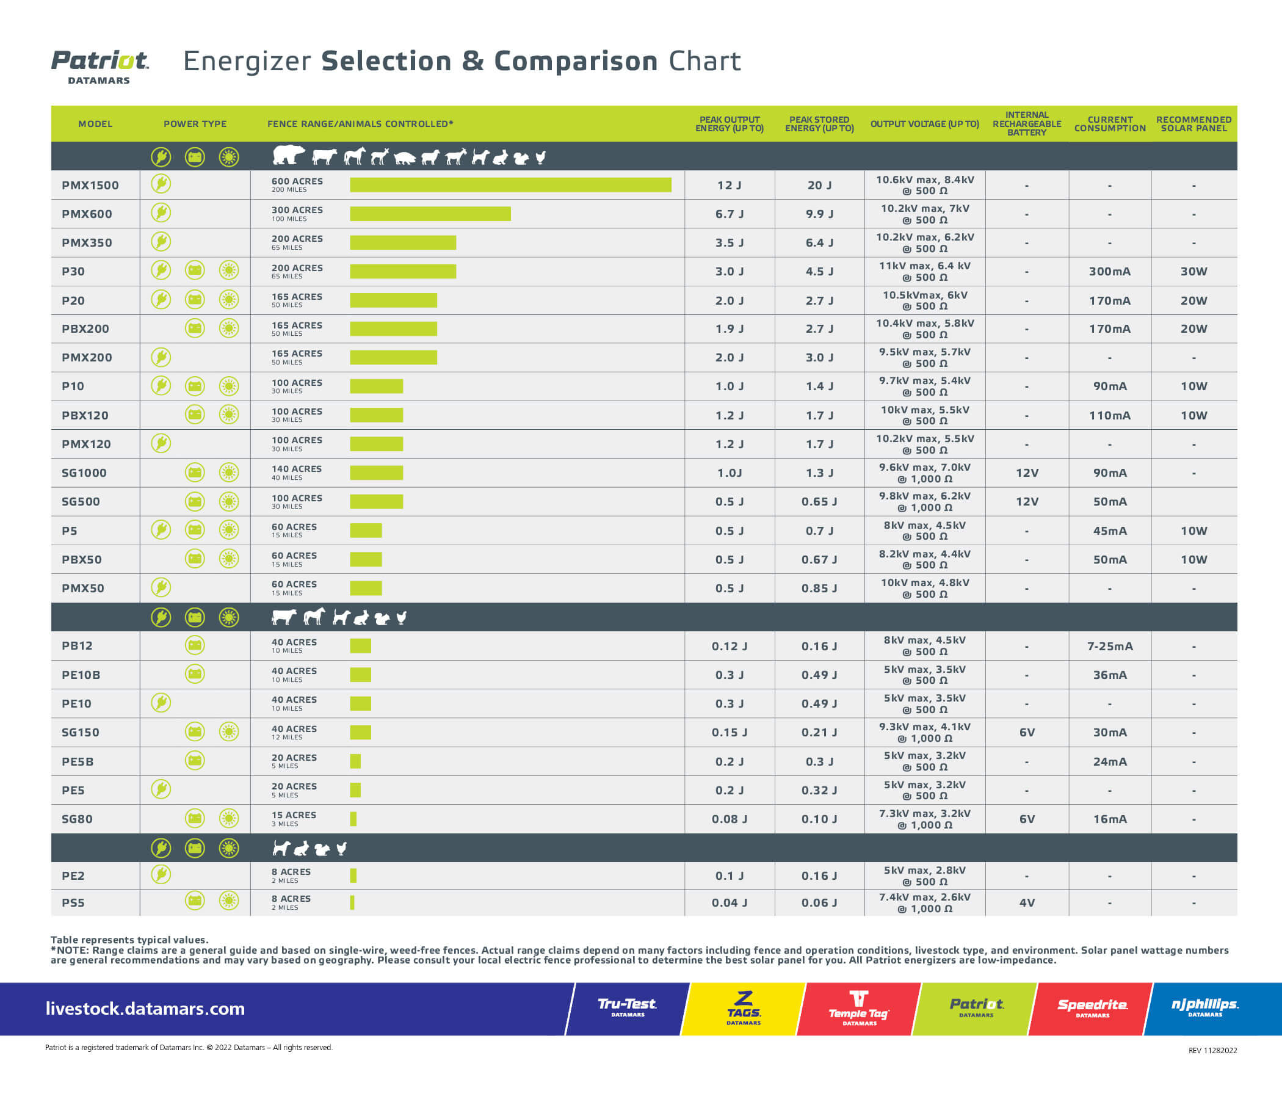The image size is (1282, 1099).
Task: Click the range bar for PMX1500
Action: (510, 184)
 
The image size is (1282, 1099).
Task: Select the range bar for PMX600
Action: (430, 214)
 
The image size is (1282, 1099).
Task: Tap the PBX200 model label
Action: (85, 328)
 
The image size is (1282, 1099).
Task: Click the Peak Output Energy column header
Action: (729, 124)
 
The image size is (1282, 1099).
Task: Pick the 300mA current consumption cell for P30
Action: (1109, 271)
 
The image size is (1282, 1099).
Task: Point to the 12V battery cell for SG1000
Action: (1026, 473)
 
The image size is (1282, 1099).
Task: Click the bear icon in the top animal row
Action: (288, 155)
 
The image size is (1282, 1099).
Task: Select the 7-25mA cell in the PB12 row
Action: (1109, 646)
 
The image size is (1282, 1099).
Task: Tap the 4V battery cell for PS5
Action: (1026, 902)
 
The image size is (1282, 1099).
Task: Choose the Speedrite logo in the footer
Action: (1092, 1007)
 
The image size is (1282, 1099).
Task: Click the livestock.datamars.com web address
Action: (145, 1009)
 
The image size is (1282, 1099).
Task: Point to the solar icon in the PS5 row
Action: (229, 901)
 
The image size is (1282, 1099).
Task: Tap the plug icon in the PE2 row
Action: (161, 874)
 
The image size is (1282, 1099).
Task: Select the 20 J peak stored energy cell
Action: (819, 185)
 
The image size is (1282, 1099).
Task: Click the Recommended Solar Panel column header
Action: (1193, 124)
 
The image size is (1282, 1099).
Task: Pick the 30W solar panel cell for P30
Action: (1193, 271)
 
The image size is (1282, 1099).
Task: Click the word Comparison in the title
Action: (576, 61)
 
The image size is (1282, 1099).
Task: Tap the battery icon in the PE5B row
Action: (195, 761)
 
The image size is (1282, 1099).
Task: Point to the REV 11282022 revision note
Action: (1212, 1050)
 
